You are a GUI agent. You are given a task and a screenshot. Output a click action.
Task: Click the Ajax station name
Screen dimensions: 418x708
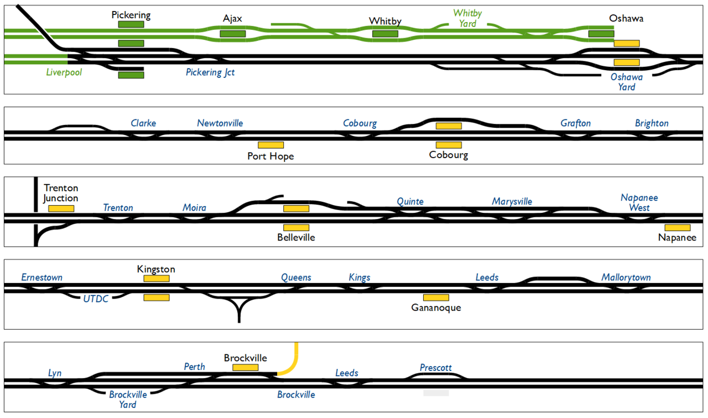232,19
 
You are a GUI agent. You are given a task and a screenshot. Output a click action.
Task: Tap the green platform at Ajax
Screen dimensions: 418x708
232,34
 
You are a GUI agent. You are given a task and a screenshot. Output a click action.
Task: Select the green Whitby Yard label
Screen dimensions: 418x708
467,18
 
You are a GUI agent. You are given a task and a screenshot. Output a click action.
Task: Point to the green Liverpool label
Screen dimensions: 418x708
64,72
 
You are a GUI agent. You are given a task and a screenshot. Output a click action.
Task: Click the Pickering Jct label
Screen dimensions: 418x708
210,72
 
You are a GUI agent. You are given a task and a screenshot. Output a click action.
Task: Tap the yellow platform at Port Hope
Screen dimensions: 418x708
271,145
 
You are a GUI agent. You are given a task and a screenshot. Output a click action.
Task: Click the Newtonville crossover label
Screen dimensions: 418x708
220,123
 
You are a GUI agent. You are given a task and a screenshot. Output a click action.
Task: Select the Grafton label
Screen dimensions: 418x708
575,123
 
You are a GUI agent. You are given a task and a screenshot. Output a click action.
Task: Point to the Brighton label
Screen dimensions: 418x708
652,123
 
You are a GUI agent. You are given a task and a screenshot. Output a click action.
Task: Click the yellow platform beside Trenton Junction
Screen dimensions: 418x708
61,208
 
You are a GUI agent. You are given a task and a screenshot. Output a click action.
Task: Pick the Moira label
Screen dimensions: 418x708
194,208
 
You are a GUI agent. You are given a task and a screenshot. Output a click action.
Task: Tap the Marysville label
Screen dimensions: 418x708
512,202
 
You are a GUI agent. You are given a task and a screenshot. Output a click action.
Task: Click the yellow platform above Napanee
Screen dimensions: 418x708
677,227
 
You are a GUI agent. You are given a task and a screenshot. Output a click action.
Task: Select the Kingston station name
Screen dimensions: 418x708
156,269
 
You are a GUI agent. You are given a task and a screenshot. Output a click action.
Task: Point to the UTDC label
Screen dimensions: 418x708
96,299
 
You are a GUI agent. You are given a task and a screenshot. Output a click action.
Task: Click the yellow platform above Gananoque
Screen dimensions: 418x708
436,297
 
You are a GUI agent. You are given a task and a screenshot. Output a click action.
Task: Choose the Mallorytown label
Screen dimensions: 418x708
626,278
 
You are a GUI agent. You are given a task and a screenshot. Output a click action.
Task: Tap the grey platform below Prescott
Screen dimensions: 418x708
436,393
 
